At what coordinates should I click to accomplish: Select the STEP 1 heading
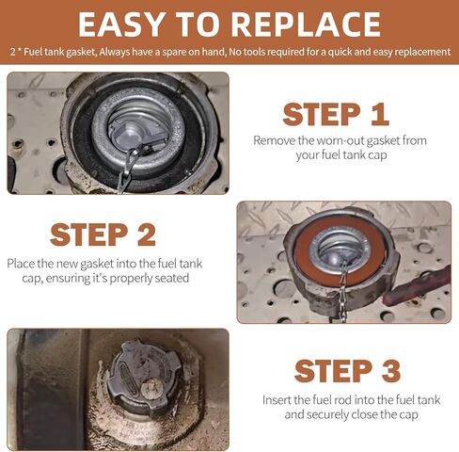[x=336, y=115]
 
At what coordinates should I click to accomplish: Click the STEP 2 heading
[x=103, y=234]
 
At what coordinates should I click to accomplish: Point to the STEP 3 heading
[x=347, y=371]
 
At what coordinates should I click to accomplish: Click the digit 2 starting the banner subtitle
[x=12, y=52]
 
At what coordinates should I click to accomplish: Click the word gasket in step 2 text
[x=97, y=264]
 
